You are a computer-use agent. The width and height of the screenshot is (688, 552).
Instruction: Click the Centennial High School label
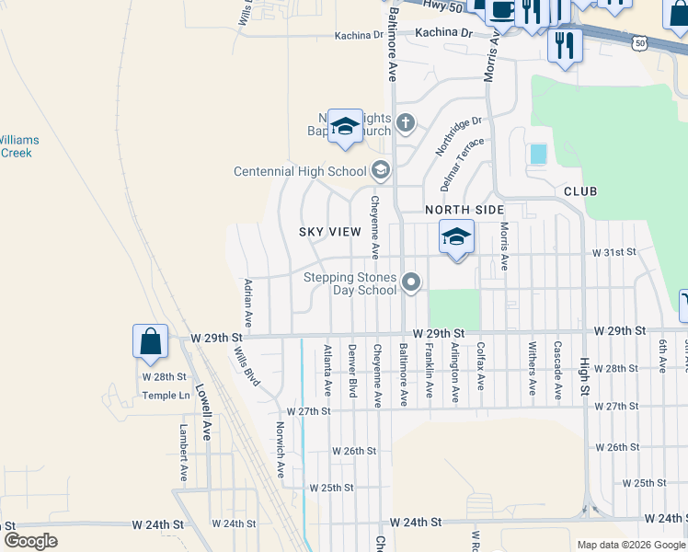(300, 171)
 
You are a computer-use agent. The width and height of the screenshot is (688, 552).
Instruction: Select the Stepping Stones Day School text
(350, 283)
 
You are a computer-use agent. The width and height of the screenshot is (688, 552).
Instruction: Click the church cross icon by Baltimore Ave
(406, 122)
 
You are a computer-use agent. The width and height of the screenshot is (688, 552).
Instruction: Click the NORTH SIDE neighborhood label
(464, 210)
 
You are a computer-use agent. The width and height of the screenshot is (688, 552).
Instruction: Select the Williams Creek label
(15, 146)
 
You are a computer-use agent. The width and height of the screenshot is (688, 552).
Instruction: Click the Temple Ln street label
(166, 396)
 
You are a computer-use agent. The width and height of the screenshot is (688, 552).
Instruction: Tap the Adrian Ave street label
(248, 305)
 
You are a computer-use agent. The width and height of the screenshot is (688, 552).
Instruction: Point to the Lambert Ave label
(184, 454)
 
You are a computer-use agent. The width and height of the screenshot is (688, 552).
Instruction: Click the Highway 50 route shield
(640, 42)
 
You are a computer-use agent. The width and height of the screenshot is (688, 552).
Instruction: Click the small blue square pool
(538, 154)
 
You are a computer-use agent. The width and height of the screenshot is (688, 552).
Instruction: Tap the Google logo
(30, 541)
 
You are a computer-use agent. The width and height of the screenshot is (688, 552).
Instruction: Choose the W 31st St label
(614, 252)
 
